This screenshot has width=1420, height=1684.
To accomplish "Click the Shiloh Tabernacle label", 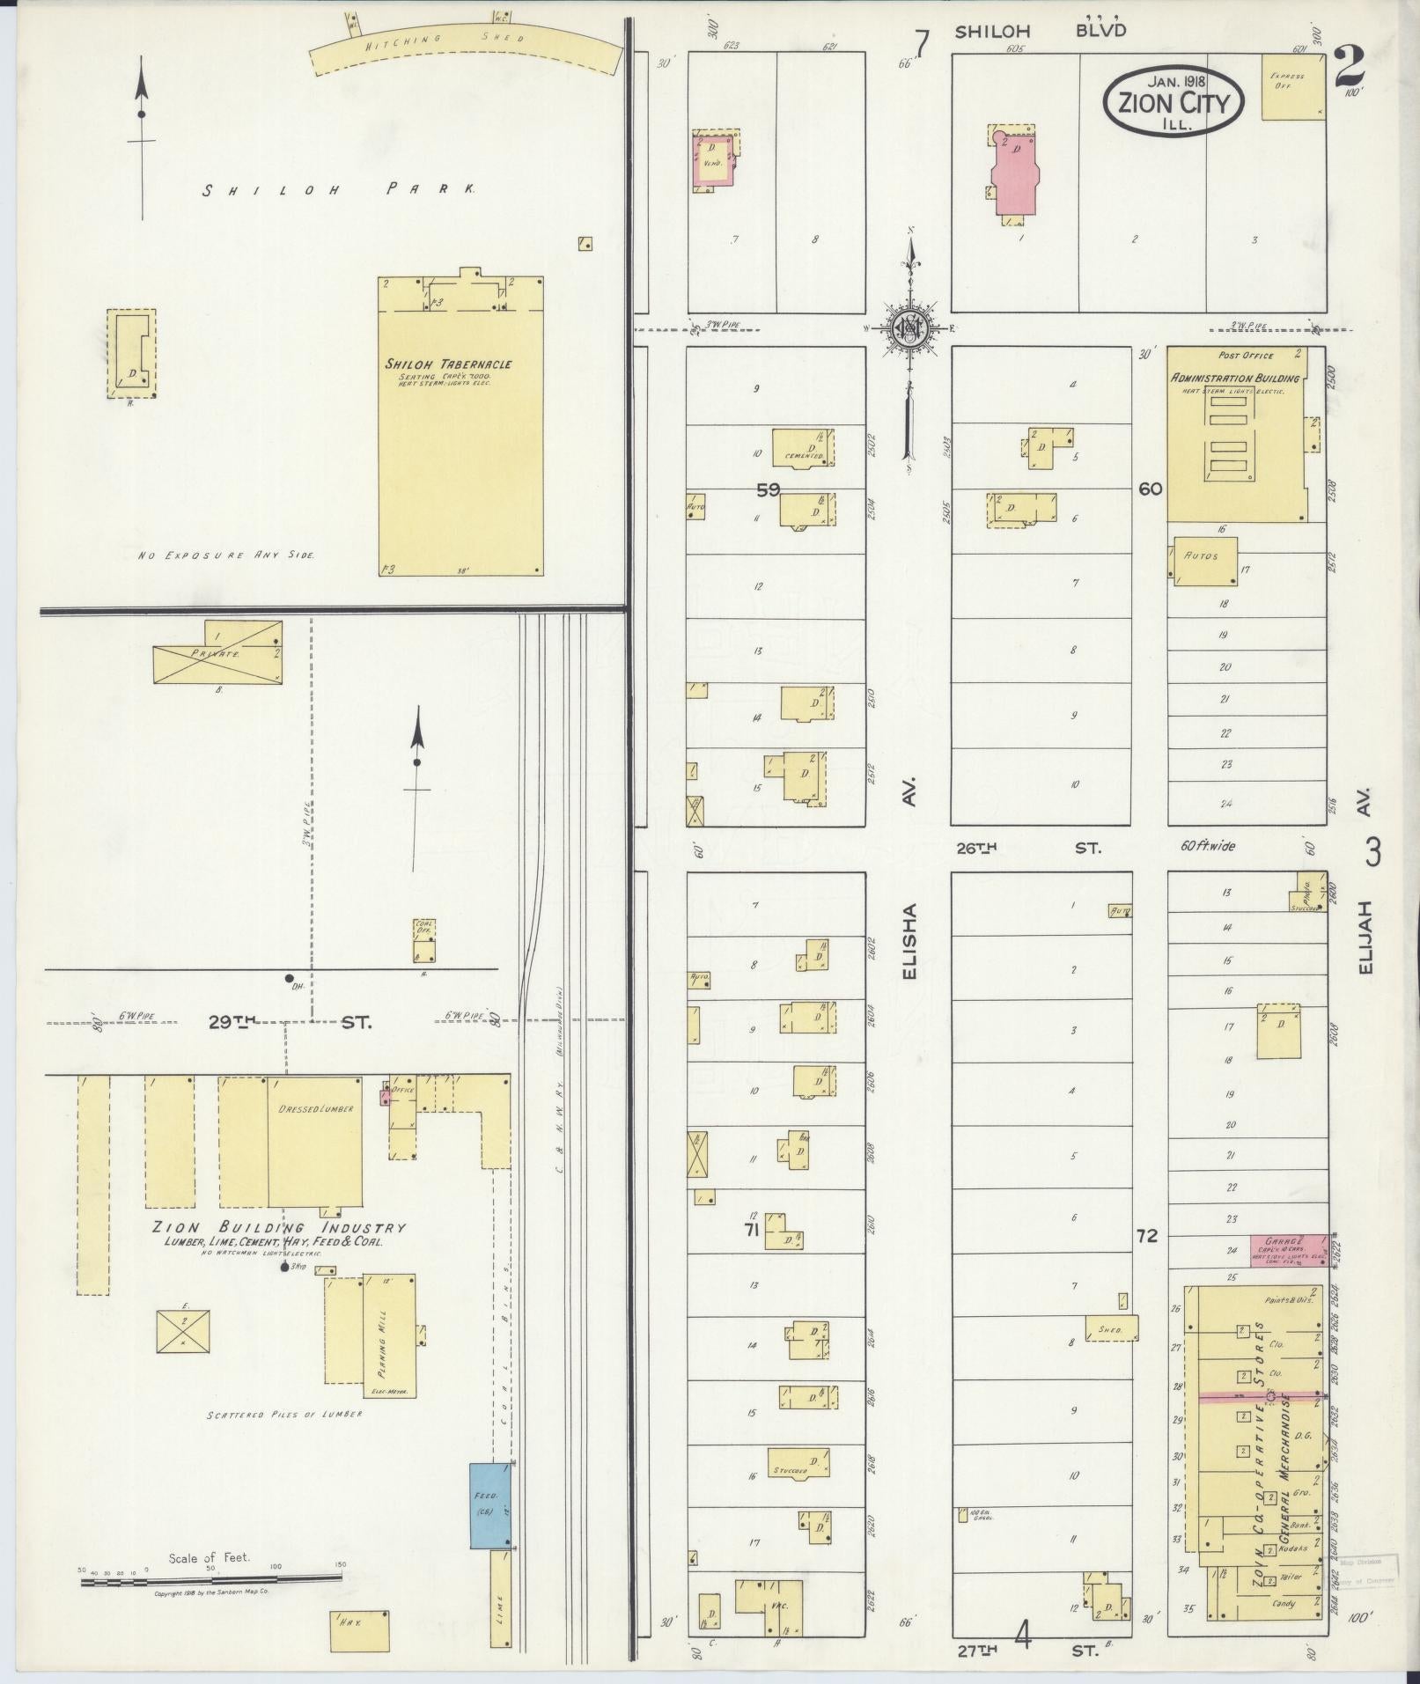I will click(x=447, y=364).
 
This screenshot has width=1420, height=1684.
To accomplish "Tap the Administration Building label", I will click(x=1234, y=378).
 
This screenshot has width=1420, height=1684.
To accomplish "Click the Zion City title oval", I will click(x=1174, y=100).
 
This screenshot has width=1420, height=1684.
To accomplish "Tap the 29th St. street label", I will click(x=290, y=1022).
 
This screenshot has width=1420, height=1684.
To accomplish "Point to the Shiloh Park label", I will click(x=339, y=189).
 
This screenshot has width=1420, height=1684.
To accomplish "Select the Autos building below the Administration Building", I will click(x=1203, y=562).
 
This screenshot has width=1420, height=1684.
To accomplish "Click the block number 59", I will click(x=768, y=490).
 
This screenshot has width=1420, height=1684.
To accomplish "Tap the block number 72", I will click(x=1146, y=1236).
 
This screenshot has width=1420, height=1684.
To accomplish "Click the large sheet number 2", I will click(x=1349, y=65).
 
